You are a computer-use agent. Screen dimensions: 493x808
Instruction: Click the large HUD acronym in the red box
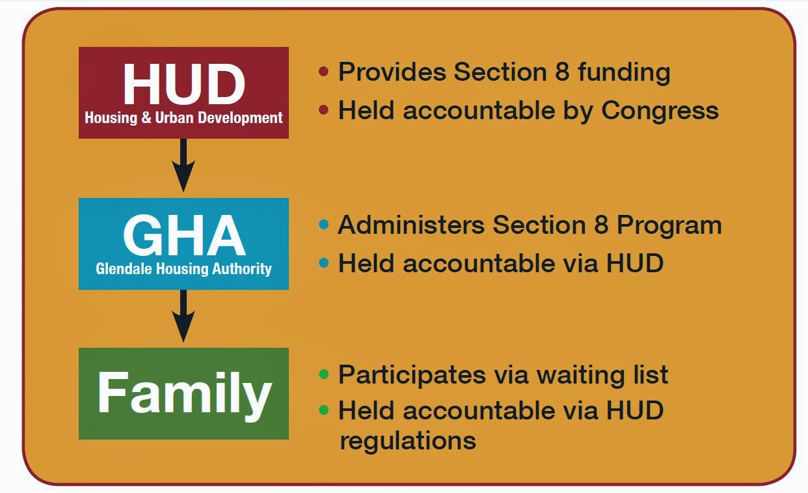coord(183,84)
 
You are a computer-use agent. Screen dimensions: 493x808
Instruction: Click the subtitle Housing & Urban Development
coord(183,119)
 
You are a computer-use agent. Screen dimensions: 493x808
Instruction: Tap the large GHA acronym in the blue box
coord(183,236)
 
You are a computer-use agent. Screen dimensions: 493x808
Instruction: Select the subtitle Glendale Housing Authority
coord(183,268)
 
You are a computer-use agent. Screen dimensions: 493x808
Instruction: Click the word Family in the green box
coord(183,393)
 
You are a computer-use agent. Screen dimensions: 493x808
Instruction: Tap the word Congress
coord(660,111)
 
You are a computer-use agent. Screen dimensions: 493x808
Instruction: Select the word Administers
coord(411,225)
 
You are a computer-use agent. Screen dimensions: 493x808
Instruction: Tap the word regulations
coord(408,441)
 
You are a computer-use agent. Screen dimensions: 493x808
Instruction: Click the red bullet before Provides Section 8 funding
coord(323,72)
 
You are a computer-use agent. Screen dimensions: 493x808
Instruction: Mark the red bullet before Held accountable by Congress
coord(323,110)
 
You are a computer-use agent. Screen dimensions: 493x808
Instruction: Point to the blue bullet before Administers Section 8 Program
coord(323,225)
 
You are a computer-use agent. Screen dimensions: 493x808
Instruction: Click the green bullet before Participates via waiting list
coord(323,374)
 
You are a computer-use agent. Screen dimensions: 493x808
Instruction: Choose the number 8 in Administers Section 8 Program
coord(599,225)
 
